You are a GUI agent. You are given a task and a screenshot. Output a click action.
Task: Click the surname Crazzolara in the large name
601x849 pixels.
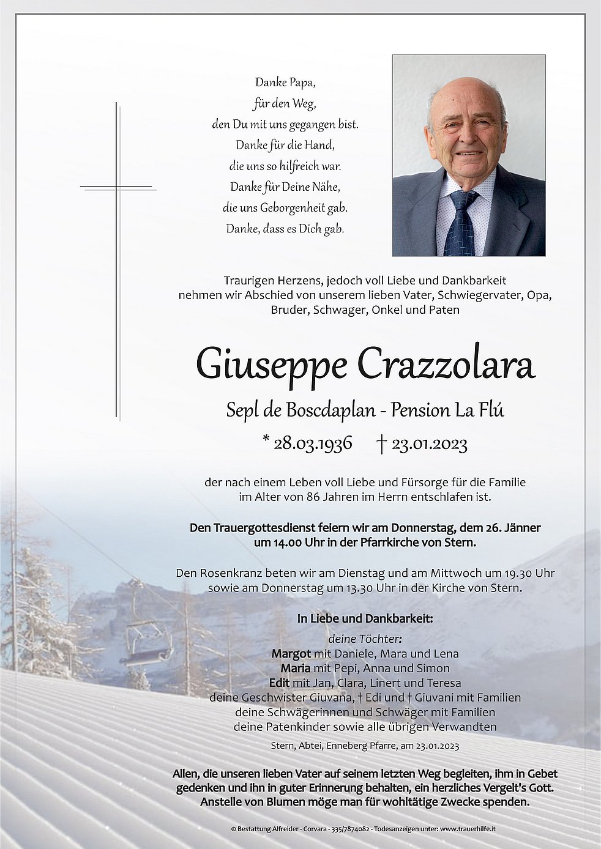(x=446, y=366)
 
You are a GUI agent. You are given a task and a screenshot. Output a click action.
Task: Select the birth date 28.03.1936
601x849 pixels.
(x=312, y=443)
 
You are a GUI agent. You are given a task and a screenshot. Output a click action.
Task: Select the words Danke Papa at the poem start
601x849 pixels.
(x=285, y=82)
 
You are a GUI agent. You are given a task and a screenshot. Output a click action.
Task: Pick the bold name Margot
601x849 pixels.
(x=291, y=653)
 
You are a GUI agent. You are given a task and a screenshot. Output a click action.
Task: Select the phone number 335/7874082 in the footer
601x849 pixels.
(x=346, y=829)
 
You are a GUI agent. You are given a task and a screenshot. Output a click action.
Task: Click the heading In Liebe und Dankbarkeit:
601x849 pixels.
(x=365, y=618)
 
